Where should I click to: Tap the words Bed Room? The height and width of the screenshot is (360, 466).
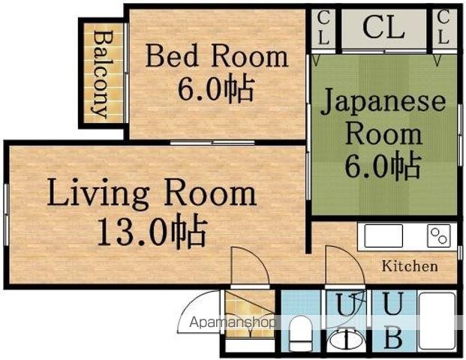(217, 55)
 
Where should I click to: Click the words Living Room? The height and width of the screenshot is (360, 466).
(152, 193)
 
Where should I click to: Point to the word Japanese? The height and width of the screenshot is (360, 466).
(383, 103)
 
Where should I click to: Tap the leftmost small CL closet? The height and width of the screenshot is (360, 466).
(323, 28)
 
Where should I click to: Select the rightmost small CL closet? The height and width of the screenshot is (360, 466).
(443, 28)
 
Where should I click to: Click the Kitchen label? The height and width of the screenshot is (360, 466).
(410, 266)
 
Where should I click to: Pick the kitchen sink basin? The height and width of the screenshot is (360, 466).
(383, 235)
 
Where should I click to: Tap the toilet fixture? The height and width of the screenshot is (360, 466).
(300, 332)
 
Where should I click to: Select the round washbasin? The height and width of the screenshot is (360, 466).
(346, 340)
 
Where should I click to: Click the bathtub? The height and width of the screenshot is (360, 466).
(436, 322)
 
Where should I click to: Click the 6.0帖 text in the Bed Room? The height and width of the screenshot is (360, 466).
(215, 88)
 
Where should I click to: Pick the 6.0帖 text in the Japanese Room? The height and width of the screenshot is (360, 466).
(383, 166)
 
